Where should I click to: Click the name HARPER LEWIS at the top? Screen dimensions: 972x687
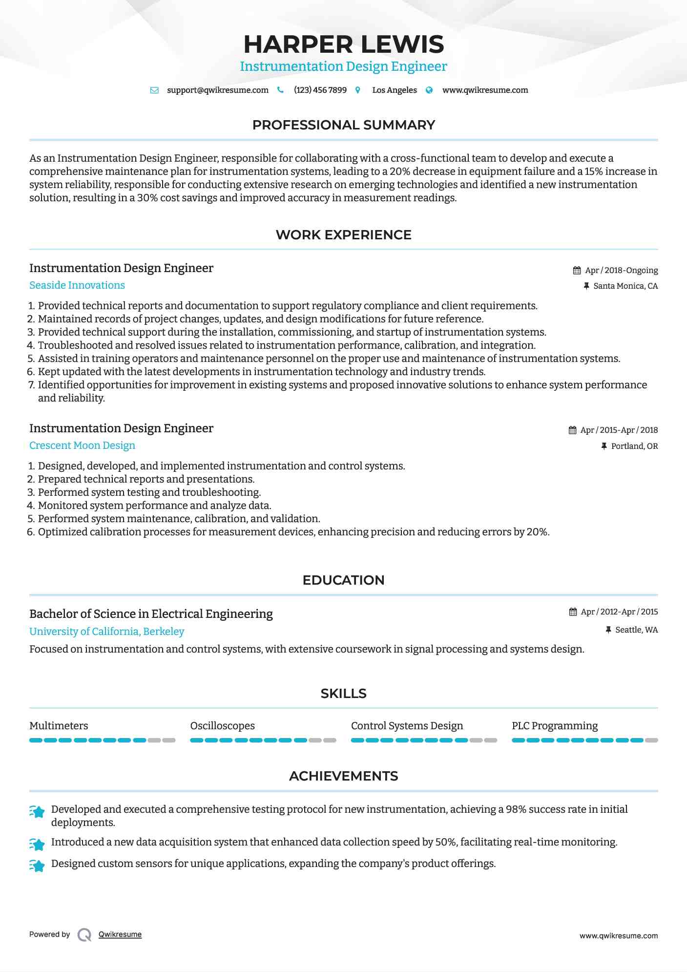pyautogui.click(x=343, y=44)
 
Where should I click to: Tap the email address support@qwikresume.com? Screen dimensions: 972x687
pyautogui.click(x=217, y=90)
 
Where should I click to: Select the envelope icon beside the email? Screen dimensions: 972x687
pyautogui.click(x=154, y=90)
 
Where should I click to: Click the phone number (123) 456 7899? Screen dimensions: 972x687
pyautogui.click(x=320, y=90)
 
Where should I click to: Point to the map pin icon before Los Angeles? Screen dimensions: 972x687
pyautogui.click(x=358, y=90)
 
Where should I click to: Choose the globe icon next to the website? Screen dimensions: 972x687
pyautogui.click(x=429, y=90)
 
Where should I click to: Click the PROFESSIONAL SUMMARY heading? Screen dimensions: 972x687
pyautogui.click(x=343, y=125)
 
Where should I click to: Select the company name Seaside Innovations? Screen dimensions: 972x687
pyautogui.click(x=77, y=285)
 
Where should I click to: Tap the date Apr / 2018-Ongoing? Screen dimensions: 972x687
pyautogui.click(x=621, y=271)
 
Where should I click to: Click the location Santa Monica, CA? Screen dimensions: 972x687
pyautogui.click(x=625, y=286)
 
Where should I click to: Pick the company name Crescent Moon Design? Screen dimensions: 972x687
pyautogui.click(x=82, y=445)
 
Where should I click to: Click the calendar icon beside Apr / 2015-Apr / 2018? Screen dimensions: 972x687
pyautogui.click(x=572, y=430)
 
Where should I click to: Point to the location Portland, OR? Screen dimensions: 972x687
pyautogui.click(x=634, y=446)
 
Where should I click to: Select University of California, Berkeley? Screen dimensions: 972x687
pyautogui.click(x=106, y=632)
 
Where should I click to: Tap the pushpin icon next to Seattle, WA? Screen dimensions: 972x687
pyautogui.click(x=608, y=630)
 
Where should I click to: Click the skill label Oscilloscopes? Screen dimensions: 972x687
pyautogui.click(x=222, y=726)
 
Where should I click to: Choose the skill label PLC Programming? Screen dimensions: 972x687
pyautogui.click(x=555, y=726)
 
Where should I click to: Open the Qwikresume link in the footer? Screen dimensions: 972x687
pyautogui.click(x=120, y=934)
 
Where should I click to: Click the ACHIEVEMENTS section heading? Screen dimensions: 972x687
pyautogui.click(x=343, y=776)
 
